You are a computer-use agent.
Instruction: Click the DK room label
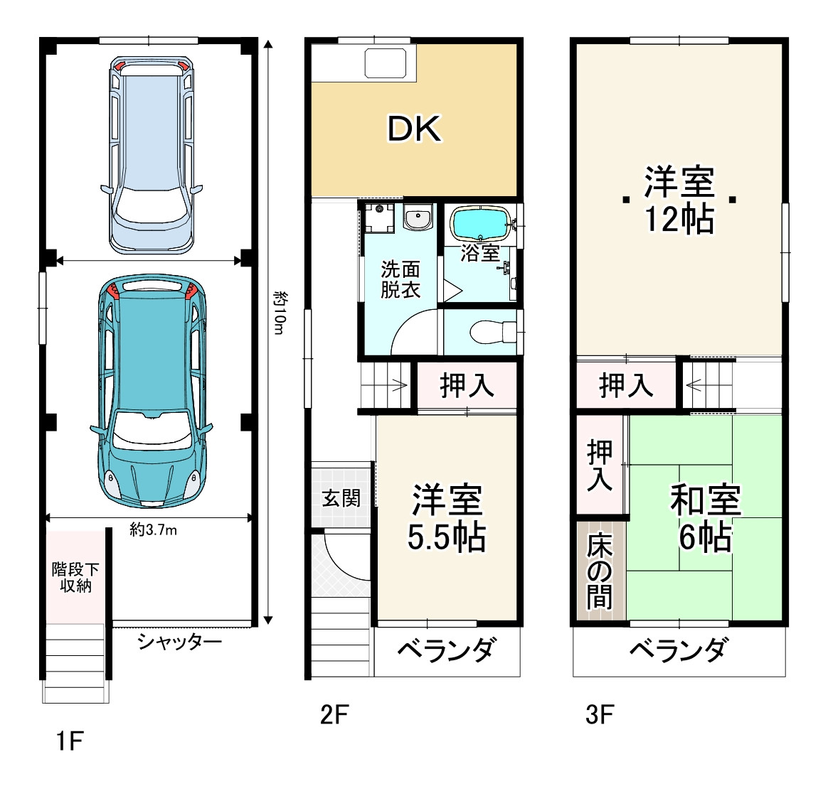coord(414,129)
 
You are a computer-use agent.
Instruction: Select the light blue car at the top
coord(151,154)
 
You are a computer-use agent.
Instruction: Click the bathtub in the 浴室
coord(479,224)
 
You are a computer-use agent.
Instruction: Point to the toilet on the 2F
coord(492,332)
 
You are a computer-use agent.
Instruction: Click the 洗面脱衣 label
coord(400,279)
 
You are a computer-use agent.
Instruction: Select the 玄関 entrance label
coord(341,497)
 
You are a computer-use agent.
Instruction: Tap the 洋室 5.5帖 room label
coord(447,518)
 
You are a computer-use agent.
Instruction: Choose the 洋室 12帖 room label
coord(679,200)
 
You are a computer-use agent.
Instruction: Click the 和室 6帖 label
coord(706,518)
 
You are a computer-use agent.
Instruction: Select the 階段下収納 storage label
coord(75,578)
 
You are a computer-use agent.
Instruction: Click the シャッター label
coord(180,642)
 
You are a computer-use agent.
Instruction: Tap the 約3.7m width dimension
coord(154,529)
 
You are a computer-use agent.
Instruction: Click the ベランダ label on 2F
coord(445,650)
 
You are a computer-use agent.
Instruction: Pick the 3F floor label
coord(599,714)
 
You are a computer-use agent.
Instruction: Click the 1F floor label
coord(70,742)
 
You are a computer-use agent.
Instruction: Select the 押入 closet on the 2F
coord(467,385)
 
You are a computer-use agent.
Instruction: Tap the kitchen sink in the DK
coord(385,63)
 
